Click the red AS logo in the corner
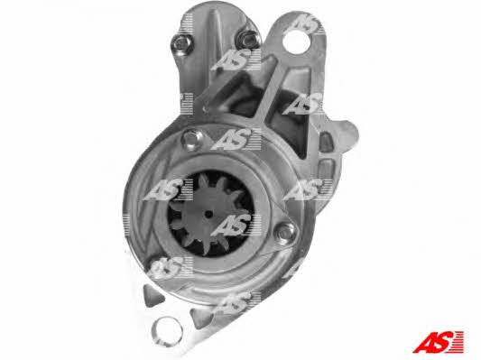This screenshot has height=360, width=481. pyautogui.click(x=439, y=342)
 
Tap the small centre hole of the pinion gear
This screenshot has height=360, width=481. pyautogui.click(x=208, y=214)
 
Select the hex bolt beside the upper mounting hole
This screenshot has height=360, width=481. pyautogui.click(x=248, y=40)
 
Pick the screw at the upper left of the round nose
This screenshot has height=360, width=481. pyautogui.click(x=192, y=140)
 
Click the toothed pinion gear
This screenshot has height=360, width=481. pyautogui.click(x=208, y=215)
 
